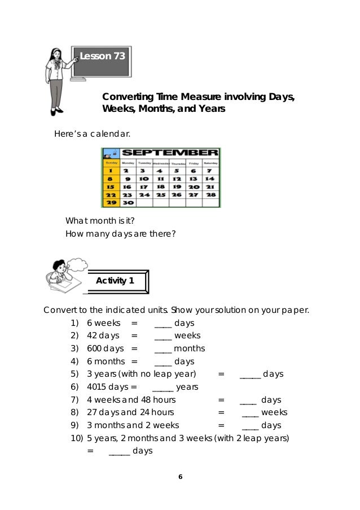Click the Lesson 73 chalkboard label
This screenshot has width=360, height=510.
(x=102, y=56)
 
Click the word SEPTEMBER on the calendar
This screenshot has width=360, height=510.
(x=169, y=152)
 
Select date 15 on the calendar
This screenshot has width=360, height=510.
(x=111, y=186)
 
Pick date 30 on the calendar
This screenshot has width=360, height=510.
(x=128, y=202)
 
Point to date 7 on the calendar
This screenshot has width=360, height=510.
(x=209, y=170)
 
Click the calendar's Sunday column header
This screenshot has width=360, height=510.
(x=111, y=162)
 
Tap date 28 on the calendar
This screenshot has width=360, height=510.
(x=210, y=194)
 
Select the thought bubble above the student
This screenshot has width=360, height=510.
(x=77, y=264)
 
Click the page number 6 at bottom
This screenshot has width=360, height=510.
(x=180, y=477)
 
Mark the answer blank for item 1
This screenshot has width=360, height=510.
(x=163, y=323)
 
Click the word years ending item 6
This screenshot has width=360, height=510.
(x=187, y=387)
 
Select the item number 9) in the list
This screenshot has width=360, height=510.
(x=74, y=425)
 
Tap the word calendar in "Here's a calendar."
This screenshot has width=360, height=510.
(x=111, y=134)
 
